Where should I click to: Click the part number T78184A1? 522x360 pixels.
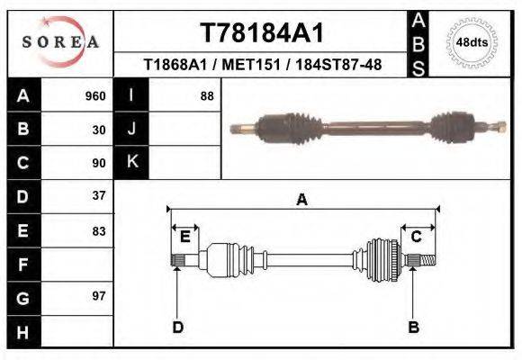[x=261, y=32]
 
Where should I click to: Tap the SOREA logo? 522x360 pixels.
[x=60, y=42]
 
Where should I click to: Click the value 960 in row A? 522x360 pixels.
[x=95, y=96]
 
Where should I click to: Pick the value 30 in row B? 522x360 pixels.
[x=100, y=130]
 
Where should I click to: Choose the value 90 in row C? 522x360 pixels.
[x=100, y=163]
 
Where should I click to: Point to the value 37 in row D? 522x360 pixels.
[x=100, y=195]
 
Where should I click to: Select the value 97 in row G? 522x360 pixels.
[x=100, y=295]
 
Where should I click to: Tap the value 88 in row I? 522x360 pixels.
[x=207, y=96]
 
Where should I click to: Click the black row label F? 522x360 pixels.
[x=23, y=265]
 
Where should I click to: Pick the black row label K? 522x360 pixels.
[x=132, y=162]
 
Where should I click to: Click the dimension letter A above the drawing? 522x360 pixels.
[x=301, y=200]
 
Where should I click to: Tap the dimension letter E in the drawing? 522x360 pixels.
[x=184, y=237]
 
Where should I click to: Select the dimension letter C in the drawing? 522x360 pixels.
[x=417, y=237]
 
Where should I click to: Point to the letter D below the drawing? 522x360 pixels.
[x=177, y=327]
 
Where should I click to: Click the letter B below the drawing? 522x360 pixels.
[x=414, y=327]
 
